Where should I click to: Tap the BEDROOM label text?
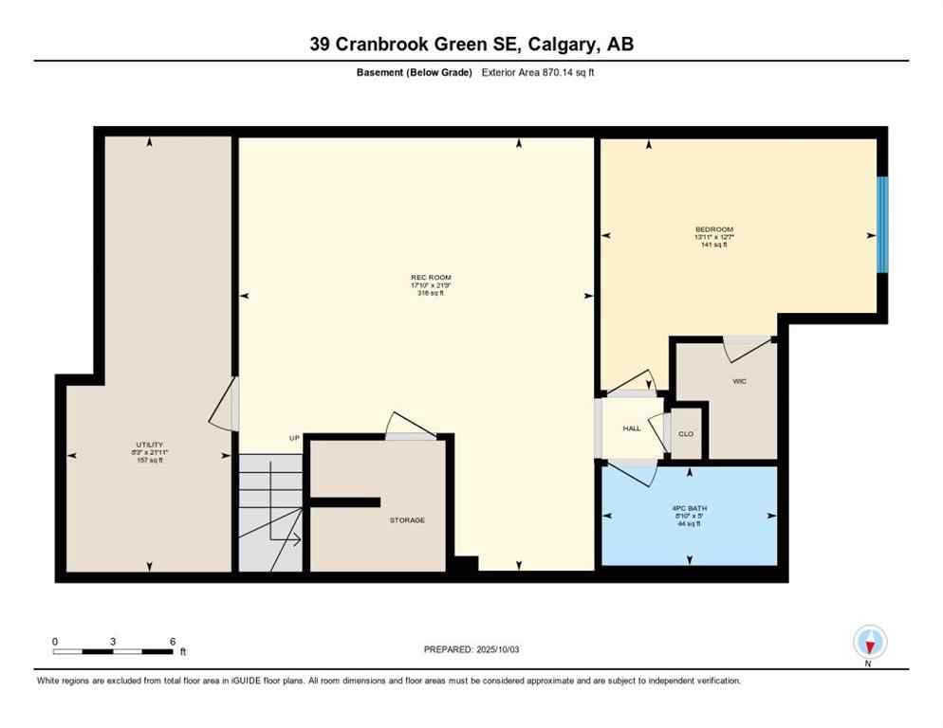(713, 229)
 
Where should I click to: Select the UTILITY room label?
(149, 445)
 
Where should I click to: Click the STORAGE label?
(406, 520)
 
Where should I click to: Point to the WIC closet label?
(740, 381)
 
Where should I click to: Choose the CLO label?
(686, 433)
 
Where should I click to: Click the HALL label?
(632, 428)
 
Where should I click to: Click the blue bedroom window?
(881, 225)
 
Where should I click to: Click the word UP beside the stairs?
(294, 438)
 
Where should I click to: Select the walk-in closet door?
(748, 348)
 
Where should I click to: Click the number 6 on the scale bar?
(172, 641)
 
